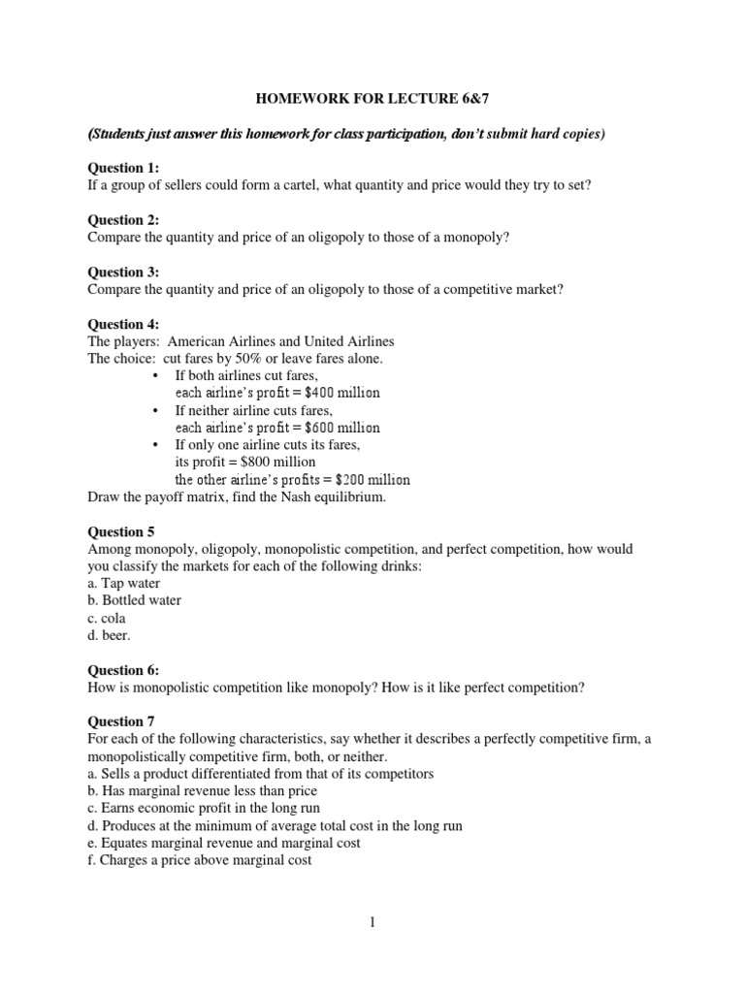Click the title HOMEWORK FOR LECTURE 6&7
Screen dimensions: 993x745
click(373, 98)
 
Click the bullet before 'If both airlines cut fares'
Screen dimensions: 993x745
click(156, 376)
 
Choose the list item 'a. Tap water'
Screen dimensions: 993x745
click(124, 583)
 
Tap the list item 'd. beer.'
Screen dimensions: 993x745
click(109, 635)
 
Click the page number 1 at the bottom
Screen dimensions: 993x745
click(372, 923)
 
